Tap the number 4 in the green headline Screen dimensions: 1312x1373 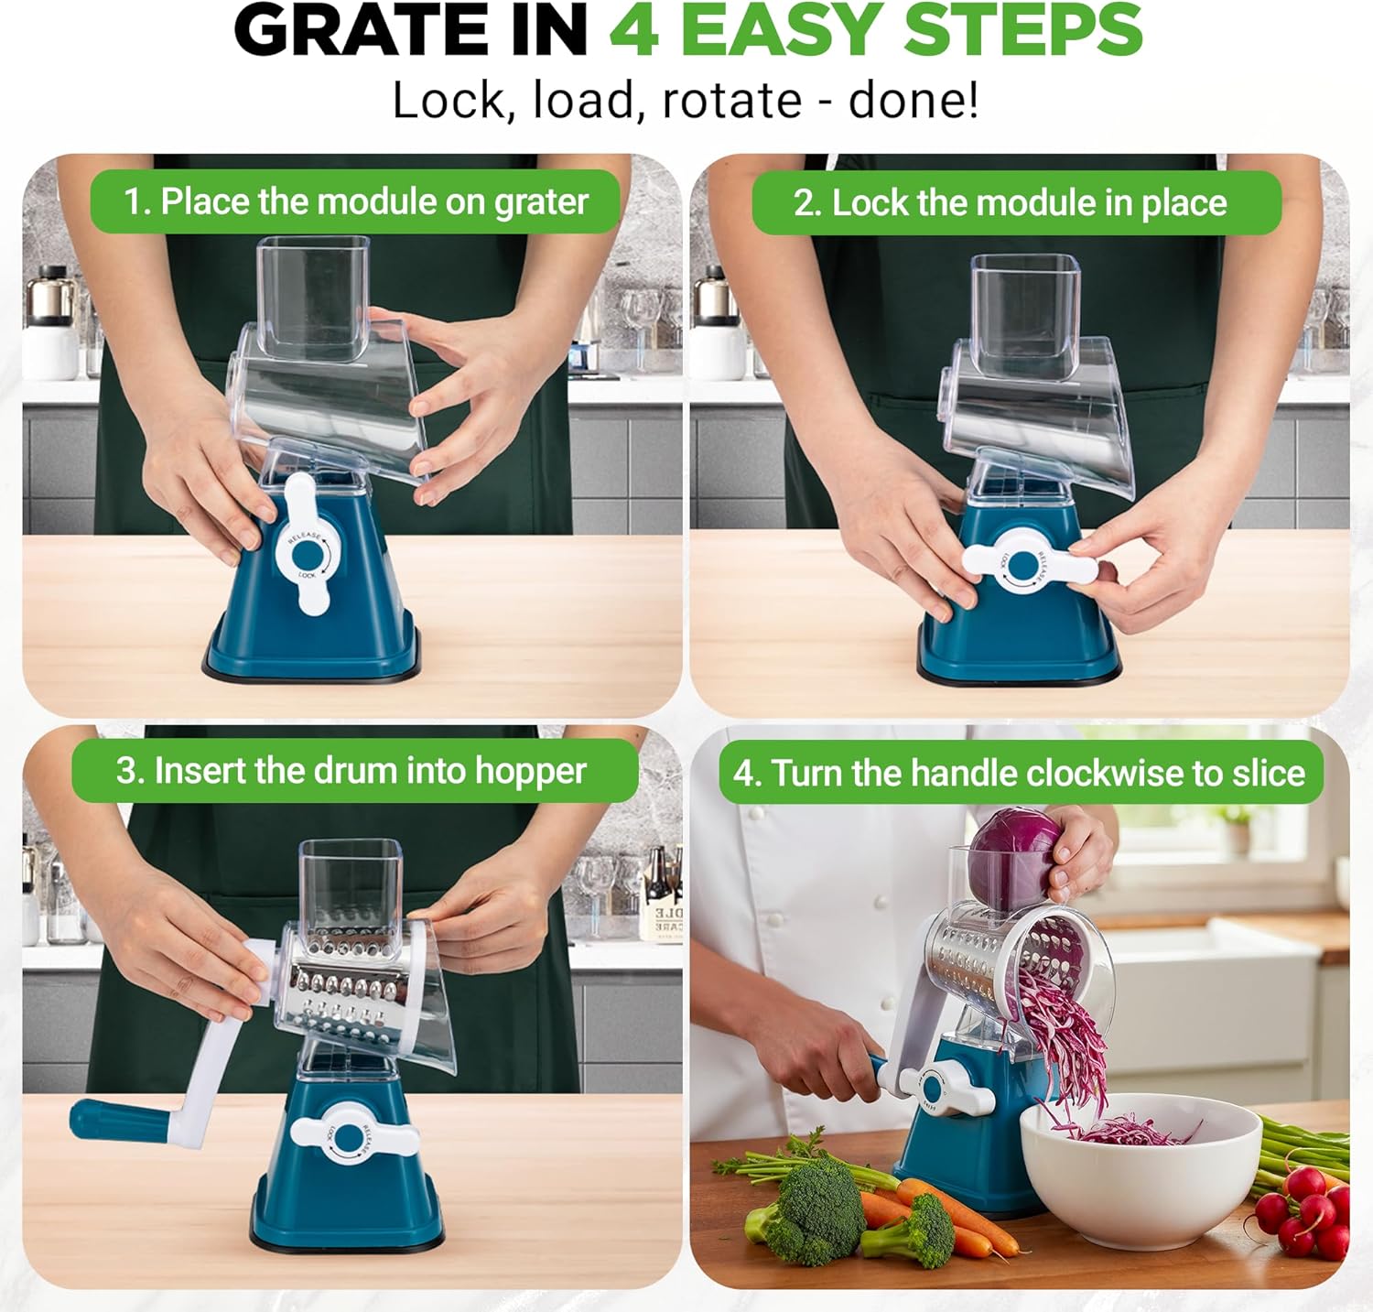pyautogui.click(x=634, y=30)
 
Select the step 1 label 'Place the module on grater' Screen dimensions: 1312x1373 pyautogui.click(x=355, y=201)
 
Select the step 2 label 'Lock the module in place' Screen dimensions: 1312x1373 pyautogui.click(x=1016, y=202)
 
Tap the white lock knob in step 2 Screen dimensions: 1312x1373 pyautogui.click(x=1030, y=564)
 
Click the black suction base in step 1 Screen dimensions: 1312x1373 pyautogui.click(x=311, y=672)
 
